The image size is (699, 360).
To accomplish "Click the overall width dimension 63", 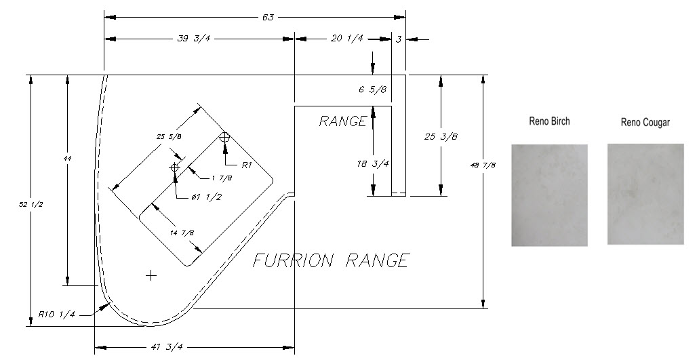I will click(268, 17).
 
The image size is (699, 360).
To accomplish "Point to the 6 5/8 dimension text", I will click(372, 89).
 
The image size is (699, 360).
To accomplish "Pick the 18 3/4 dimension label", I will click(372, 163).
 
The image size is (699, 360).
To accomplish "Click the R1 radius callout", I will click(247, 165).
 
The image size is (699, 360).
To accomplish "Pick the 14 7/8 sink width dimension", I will click(181, 233).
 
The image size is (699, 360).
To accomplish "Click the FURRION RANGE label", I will click(331, 260).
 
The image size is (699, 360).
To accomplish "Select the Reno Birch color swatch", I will click(549, 195).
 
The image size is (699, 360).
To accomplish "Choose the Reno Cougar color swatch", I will click(645, 193).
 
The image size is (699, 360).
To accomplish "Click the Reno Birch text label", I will click(549, 122).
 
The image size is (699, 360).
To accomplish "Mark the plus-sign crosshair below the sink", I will click(151, 275).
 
